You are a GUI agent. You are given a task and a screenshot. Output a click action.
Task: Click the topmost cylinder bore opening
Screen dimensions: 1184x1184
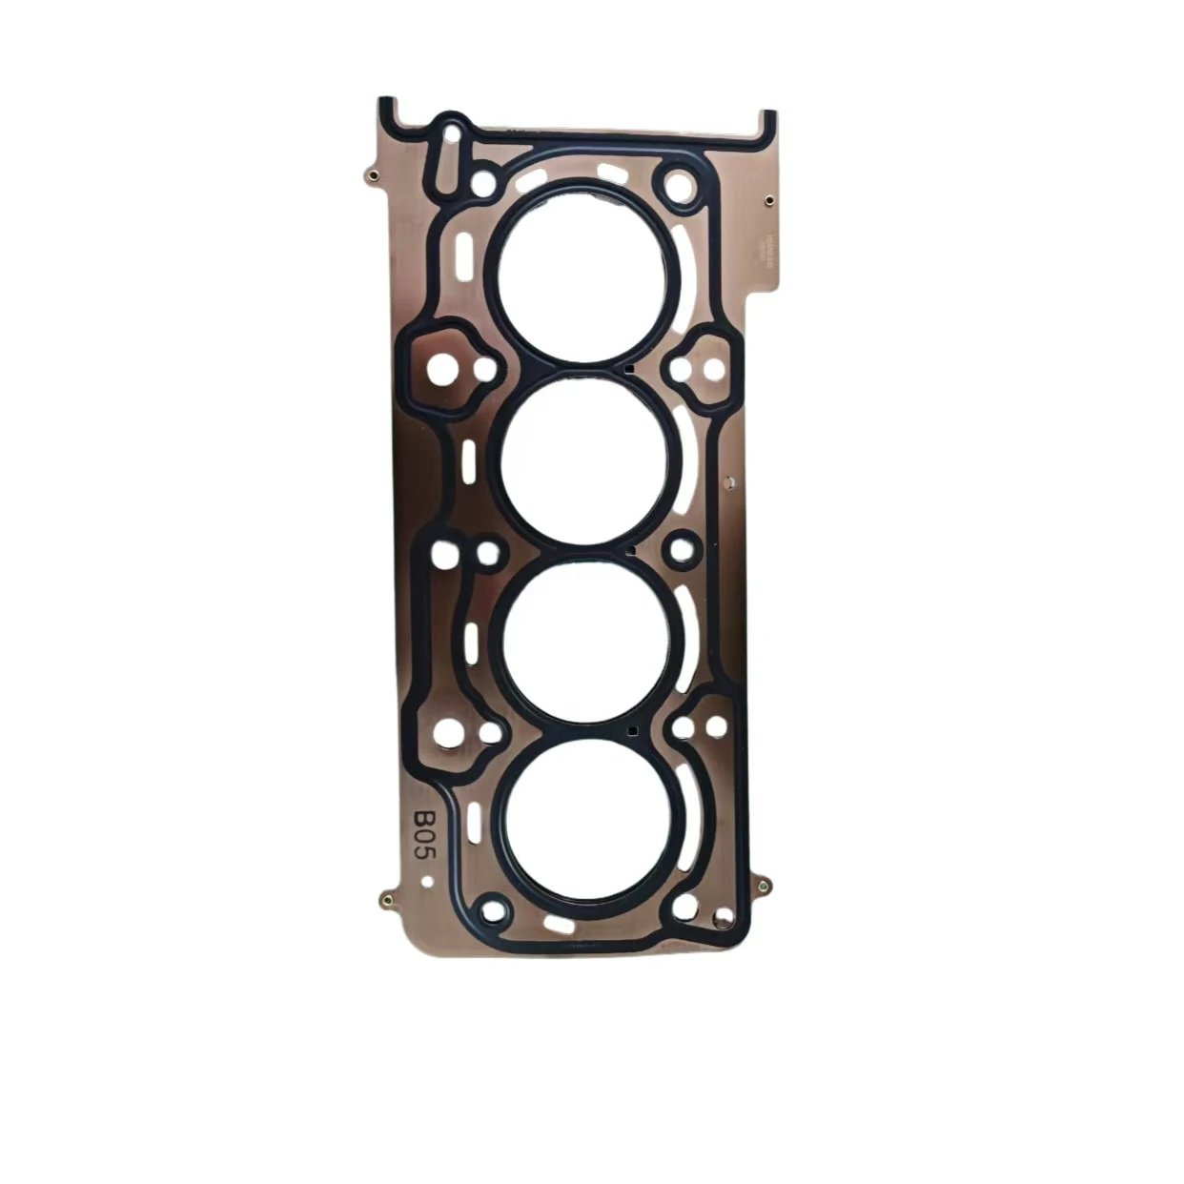582,273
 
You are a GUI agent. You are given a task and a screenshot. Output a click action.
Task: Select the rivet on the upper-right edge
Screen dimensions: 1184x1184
768,201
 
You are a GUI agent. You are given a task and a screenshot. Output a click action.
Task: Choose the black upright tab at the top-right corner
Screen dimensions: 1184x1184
767,124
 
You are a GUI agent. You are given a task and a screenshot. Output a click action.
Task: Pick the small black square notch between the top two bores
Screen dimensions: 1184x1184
629,367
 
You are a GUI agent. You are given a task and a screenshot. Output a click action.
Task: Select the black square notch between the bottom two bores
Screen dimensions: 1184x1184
632,731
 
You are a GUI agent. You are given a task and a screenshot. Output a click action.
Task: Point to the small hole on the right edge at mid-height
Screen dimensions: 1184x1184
729,484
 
